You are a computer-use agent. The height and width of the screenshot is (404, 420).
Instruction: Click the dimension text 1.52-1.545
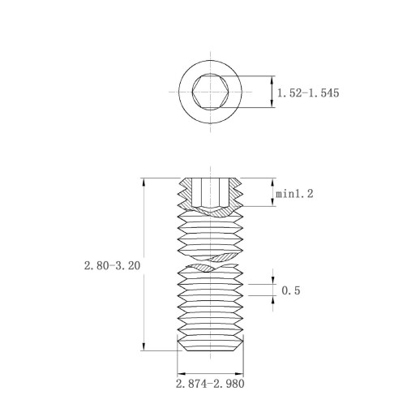pos(308,93)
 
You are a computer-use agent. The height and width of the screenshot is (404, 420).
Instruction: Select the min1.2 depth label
pos(294,194)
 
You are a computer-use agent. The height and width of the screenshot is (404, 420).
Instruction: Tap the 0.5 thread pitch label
pos(291,290)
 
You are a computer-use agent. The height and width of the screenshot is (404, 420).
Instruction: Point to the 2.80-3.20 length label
pos(112,265)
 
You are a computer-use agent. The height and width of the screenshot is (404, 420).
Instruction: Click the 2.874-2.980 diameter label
pos(210,384)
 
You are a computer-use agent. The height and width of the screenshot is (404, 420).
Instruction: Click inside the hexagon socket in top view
pos(210,92)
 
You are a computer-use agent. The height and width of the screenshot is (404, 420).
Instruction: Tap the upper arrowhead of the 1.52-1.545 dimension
pos(272,80)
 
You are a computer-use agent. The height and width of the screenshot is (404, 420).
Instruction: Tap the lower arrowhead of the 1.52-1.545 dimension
pos(272,103)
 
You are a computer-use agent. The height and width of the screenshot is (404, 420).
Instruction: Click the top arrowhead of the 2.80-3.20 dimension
pos(144,182)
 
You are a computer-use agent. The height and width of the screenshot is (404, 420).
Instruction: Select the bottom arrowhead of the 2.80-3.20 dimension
pos(144,346)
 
